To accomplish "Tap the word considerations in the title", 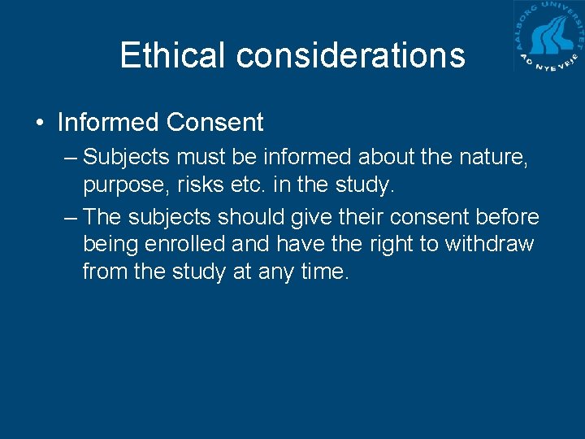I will pyautogui.click(x=351, y=55).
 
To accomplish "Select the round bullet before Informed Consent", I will pyautogui.click(x=39, y=124).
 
